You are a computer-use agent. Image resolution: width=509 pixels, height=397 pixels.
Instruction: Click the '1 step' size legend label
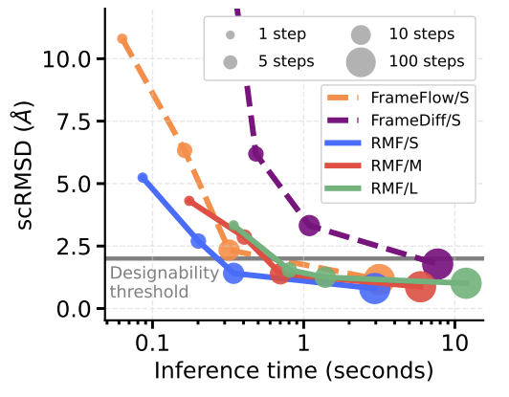281,35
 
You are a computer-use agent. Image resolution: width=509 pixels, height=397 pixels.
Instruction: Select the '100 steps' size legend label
426,61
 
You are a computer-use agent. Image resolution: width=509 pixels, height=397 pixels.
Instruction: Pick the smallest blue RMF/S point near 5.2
144,178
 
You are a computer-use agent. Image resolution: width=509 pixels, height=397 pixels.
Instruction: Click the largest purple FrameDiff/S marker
438,263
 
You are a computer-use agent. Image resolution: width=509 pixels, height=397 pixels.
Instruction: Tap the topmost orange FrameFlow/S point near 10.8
122,39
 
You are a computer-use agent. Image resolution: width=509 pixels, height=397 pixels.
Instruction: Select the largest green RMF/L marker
466,283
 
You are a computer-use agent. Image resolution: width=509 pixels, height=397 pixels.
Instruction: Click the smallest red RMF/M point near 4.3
188,201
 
